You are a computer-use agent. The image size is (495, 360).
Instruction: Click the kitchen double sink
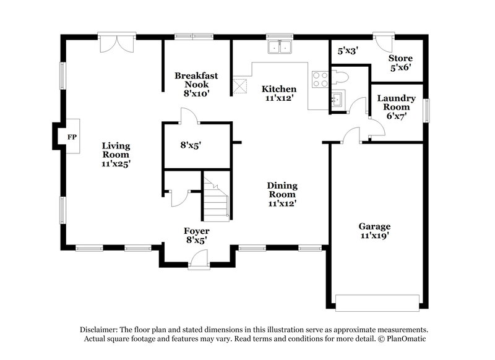(x=280, y=48)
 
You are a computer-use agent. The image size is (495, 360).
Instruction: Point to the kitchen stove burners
(x=320, y=79)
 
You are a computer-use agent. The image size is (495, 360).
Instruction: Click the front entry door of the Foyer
(x=199, y=261)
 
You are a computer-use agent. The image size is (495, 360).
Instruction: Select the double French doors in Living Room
(x=116, y=43)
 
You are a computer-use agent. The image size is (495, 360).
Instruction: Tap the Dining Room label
(x=282, y=194)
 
